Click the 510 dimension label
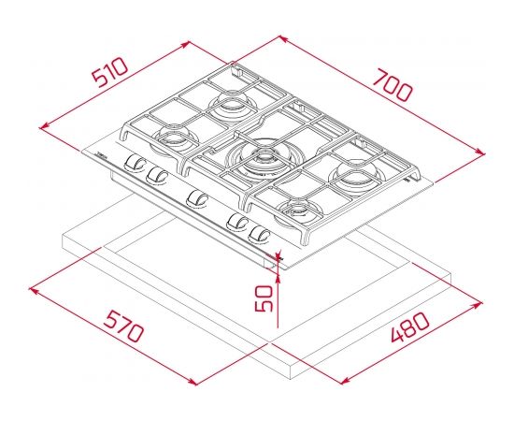(x=109, y=72)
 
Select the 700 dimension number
(x=393, y=85)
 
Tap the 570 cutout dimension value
(x=123, y=327)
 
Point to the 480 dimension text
(x=409, y=327)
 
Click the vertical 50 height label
(x=264, y=298)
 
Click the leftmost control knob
(x=135, y=162)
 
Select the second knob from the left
(x=156, y=175)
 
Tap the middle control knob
(x=197, y=198)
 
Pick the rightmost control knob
(x=260, y=234)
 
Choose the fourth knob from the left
(x=237, y=222)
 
